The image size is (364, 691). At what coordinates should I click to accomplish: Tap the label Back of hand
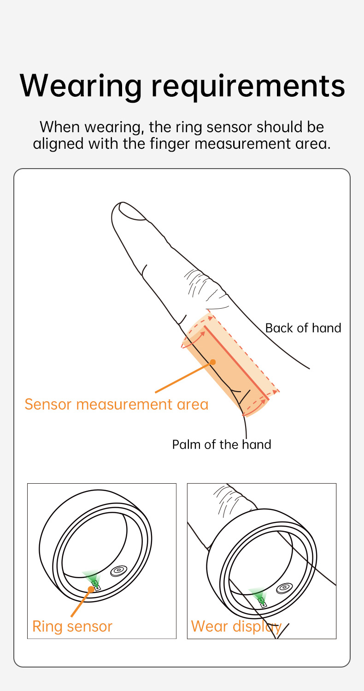(303, 328)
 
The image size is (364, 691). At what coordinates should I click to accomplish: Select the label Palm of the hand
(222, 445)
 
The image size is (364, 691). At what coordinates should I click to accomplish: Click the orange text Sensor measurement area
(117, 404)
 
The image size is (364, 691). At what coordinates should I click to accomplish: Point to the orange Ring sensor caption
(72, 627)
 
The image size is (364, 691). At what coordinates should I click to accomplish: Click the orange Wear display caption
(236, 627)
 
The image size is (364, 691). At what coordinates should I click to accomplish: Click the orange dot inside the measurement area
(213, 362)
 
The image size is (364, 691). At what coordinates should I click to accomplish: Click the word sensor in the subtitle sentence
(232, 127)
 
